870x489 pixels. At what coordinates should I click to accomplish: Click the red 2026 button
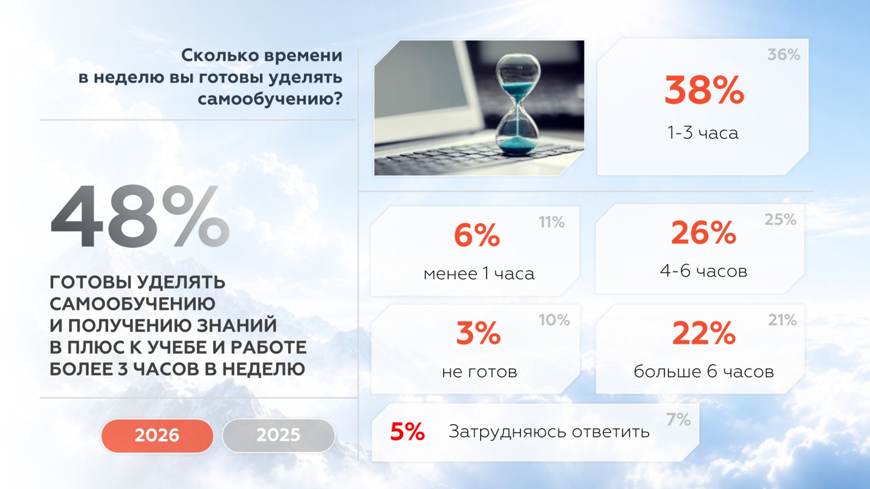click(x=157, y=435)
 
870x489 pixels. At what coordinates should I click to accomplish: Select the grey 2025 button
click(x=278, y=435)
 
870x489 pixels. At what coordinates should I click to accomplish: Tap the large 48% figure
click(x=140, y=216)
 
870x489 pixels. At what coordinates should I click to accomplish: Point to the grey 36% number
click(x=784, y=55)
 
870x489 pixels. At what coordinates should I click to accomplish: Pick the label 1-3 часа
click(x=703, y=133)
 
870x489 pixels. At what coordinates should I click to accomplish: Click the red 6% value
click(x=476, y=235)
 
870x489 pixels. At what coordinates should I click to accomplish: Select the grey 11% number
click(x=552, y=222)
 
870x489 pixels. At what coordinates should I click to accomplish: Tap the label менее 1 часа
click(x=479, y=274)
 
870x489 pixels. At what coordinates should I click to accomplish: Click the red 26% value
click(x=703, y=232)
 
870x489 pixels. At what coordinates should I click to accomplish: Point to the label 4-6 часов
click(x=703, y=271)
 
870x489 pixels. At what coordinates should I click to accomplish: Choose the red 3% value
click(x=478, y=333)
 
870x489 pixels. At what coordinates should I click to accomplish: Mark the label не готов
click(x=479, y=372)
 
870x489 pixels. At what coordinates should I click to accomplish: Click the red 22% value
click(x=704, y=333)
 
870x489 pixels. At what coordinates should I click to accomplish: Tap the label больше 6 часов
click(x=703, y=371)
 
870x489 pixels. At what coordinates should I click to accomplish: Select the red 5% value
click(x=407, y=431)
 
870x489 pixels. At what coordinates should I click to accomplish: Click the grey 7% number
click(x=678, y=419)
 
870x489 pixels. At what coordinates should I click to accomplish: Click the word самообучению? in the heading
click(x=270, y=99)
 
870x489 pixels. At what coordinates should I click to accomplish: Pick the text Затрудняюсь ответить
click(x=549, y=432)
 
